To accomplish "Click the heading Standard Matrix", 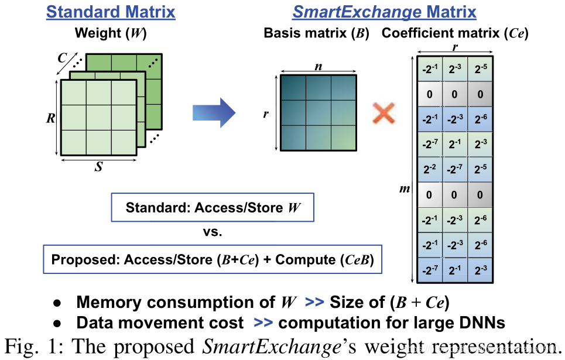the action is click(111, 12).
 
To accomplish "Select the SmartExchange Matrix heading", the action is click(385, 12).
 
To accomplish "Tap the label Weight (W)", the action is click(111, 34).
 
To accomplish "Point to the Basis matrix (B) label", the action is click(316, 34).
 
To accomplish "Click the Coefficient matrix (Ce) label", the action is click(455, 34).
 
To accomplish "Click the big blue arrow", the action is click(214, 111).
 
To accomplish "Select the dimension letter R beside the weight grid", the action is click(51, 118).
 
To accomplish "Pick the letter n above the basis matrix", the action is click(318, 66).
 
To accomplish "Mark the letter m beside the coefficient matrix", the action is click(404, 190).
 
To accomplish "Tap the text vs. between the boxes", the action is click(213, 232).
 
